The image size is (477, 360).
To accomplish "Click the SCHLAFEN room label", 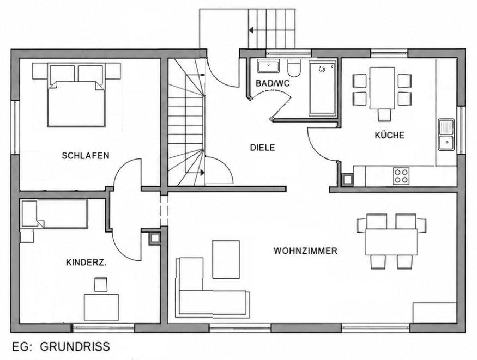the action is pos(86,156).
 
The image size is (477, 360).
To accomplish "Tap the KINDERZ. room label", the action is pos(86,263).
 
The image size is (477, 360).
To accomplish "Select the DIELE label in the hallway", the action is pos(262,148).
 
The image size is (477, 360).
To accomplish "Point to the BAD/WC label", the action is pos(273,83).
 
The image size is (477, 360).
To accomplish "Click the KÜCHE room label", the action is pos(389,135).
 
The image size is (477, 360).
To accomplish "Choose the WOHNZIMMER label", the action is pos(305,251).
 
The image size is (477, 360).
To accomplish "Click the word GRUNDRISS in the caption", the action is pos(75,346).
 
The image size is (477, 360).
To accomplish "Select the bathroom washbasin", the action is pos(268,66).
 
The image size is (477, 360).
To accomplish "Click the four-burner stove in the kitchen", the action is pos(401,176).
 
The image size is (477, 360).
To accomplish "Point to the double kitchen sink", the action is pos(446,135).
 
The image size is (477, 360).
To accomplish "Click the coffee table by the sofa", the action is pos(226,259).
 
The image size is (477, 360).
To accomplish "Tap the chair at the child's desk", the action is pos(101,285).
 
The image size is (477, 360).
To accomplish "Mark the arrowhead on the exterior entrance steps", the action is pos(251,30).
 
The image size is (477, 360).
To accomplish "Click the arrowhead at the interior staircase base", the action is pos(202,173).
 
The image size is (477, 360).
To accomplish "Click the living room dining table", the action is pos(391,242).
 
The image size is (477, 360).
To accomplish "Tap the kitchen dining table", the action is pos(382,88).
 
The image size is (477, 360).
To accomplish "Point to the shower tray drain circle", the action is pos(322,69).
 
